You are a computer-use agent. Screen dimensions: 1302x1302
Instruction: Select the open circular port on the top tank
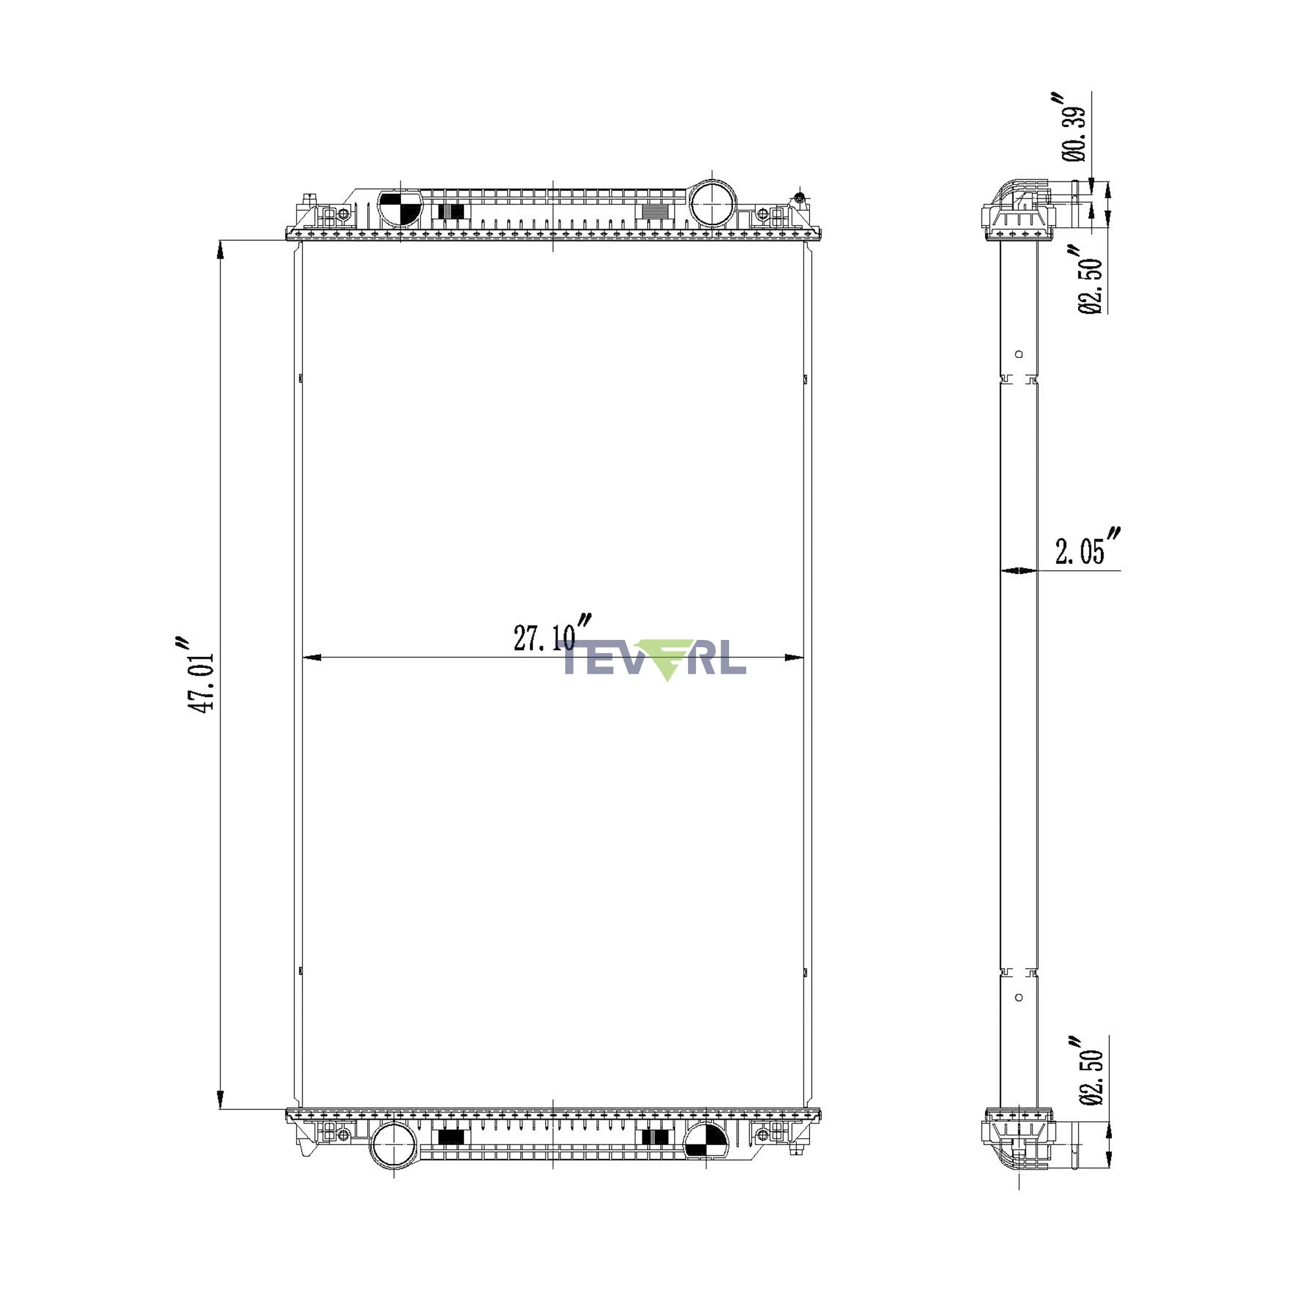[x=713, y=203]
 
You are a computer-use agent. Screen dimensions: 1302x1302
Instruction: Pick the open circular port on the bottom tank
[x=395, y=1146]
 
